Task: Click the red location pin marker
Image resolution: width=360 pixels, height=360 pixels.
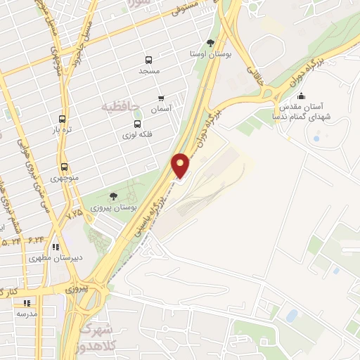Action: [181, 165]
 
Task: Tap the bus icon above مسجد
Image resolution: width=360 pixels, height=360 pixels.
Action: [148, 60]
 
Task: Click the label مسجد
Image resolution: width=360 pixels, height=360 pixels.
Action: [149, 72]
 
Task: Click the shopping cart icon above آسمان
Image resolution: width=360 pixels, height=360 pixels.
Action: [161, 98]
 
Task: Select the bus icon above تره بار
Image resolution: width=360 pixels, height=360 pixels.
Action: [62, 119]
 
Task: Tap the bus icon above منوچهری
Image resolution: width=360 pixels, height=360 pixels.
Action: [65, 167]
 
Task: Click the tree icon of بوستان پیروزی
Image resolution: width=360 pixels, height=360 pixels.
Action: [113, 195]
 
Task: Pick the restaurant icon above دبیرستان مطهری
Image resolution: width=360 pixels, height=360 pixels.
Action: [56, 247]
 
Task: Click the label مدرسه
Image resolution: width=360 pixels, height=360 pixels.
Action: [27, 313]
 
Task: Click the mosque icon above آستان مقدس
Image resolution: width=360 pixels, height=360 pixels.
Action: [302, 96]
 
